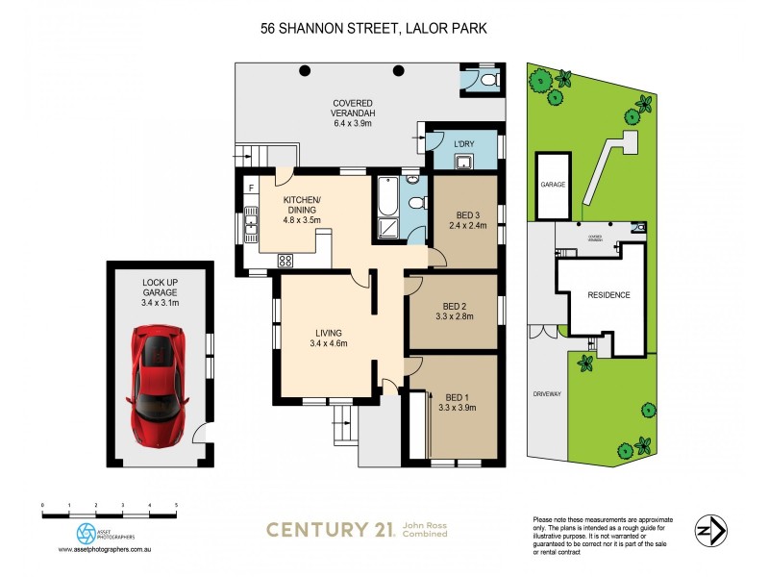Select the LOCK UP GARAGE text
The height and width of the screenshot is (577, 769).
coord(161,286)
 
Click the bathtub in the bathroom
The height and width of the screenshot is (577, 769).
coord(386,203)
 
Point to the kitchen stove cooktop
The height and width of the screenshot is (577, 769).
coord(285,260)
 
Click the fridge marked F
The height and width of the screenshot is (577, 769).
coord(251,187)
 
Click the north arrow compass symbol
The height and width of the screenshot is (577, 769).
coord(711,529)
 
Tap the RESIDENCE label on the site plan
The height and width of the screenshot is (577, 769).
coord(608,295)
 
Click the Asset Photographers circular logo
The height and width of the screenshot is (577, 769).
coord(87,533)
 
